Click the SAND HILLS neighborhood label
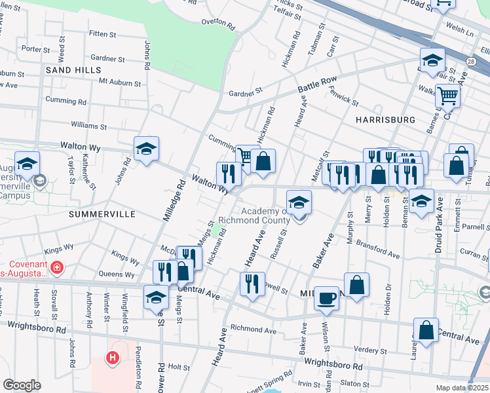coord(73,69)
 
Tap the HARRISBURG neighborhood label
coord(385,120)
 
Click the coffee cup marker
coord(326,298)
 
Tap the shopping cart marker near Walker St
coord(448,96)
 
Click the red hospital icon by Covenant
coord(57,268)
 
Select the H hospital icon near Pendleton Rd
coord(112,358)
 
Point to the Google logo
coord(22,385)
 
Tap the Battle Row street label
coord(317,84)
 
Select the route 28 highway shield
coord(470,61)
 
